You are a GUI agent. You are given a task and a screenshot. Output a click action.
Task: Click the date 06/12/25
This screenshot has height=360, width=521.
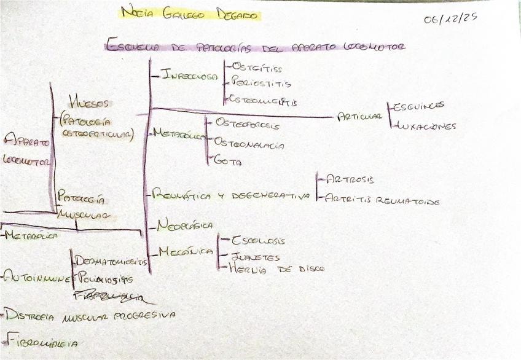pos(450,18)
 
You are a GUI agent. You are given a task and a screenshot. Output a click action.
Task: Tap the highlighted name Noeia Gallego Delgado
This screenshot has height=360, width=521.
pos(190,13)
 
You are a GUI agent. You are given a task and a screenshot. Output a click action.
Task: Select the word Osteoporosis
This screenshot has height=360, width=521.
pos(247,124)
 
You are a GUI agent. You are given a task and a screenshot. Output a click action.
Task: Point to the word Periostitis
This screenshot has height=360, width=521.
pos(261,83)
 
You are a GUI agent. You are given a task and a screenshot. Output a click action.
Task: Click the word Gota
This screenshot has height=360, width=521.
pos(228,162)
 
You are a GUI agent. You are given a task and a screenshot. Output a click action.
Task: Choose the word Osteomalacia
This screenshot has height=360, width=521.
pos(249,143)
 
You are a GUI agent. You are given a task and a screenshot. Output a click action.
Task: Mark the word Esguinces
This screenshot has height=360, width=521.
pos(419,106)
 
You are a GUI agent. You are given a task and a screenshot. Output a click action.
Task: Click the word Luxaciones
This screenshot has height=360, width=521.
pos(425,126)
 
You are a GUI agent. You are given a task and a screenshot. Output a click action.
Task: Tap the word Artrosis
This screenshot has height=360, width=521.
pos(350,179)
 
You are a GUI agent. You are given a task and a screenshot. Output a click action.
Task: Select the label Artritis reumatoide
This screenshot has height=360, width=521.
pos(382,200)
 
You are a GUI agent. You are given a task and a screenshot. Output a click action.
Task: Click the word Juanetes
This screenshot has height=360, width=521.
pos(255,257)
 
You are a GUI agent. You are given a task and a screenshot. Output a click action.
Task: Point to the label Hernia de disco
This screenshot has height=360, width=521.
pos(276,268)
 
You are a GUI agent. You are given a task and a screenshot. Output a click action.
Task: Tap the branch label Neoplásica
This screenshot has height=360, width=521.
pos(185,225)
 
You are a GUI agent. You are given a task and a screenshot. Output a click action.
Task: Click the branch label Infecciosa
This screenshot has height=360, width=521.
pos(190,76)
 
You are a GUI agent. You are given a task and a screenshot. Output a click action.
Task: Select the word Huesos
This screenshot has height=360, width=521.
pos(89,103)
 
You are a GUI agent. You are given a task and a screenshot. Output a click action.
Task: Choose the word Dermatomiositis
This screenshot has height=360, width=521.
pos(111,261)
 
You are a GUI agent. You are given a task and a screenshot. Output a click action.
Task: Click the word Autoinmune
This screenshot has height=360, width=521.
pos(36,278)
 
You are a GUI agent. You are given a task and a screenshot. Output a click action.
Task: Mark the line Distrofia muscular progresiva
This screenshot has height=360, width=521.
pos(90,315)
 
